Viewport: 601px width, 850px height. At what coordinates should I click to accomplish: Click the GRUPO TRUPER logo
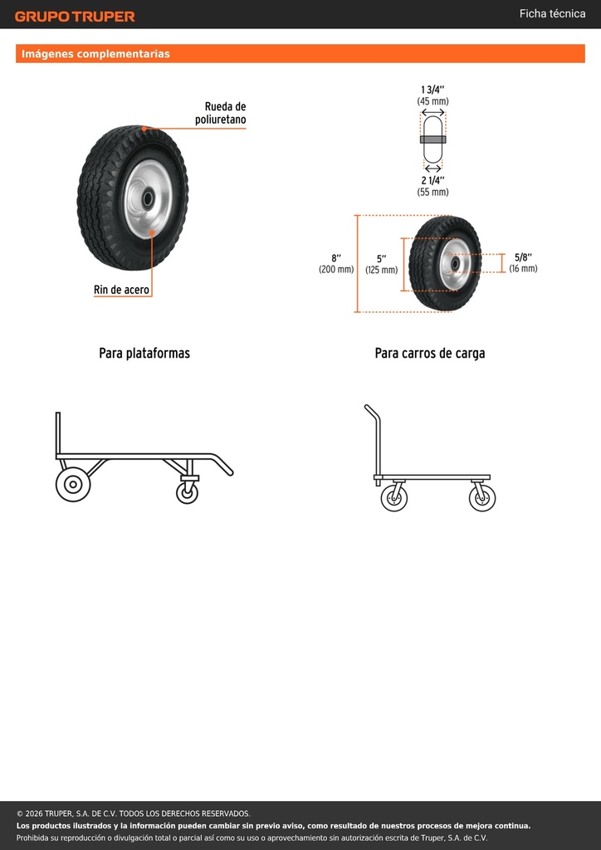click(x=75, y=17)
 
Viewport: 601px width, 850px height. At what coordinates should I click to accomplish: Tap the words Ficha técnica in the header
click(x=552, y=13)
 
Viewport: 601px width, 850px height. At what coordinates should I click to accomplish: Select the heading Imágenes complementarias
click(x=95, y=54)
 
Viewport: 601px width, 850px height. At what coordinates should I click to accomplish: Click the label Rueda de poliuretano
click(x=221, y=113)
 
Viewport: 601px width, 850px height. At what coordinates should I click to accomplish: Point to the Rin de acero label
click(x=121, y=290)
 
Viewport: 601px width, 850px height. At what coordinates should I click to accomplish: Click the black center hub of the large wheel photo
click(x=148, y=199)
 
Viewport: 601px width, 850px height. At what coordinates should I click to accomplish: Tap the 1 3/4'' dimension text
click(x=432, y=90)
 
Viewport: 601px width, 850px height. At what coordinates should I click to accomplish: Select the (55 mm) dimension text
click(x=432, y=192)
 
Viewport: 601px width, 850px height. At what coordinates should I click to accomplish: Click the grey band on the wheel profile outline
click(x=433, y=139)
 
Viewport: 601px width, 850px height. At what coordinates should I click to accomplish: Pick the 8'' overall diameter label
click(x=336, y=258)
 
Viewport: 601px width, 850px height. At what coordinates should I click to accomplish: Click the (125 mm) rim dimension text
click(x=381, y=270)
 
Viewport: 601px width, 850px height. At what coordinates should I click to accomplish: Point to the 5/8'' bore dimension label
click(x=523, y=257)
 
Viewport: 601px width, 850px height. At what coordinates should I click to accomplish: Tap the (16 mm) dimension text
click(x=523, y=268)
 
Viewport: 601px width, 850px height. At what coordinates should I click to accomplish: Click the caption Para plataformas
click(x=144, y=354)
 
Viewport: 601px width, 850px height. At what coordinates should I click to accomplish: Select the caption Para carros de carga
click(x=430, y=354)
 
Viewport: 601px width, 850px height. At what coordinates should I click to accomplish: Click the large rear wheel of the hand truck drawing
click(x=72, y=484)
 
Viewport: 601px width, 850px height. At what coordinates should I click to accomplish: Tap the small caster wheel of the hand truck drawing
click(x=187, y=493)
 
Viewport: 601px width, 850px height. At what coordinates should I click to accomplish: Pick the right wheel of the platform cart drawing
click(x=481, y=498)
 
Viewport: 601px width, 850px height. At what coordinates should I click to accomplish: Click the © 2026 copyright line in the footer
click(x=134, y=813)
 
